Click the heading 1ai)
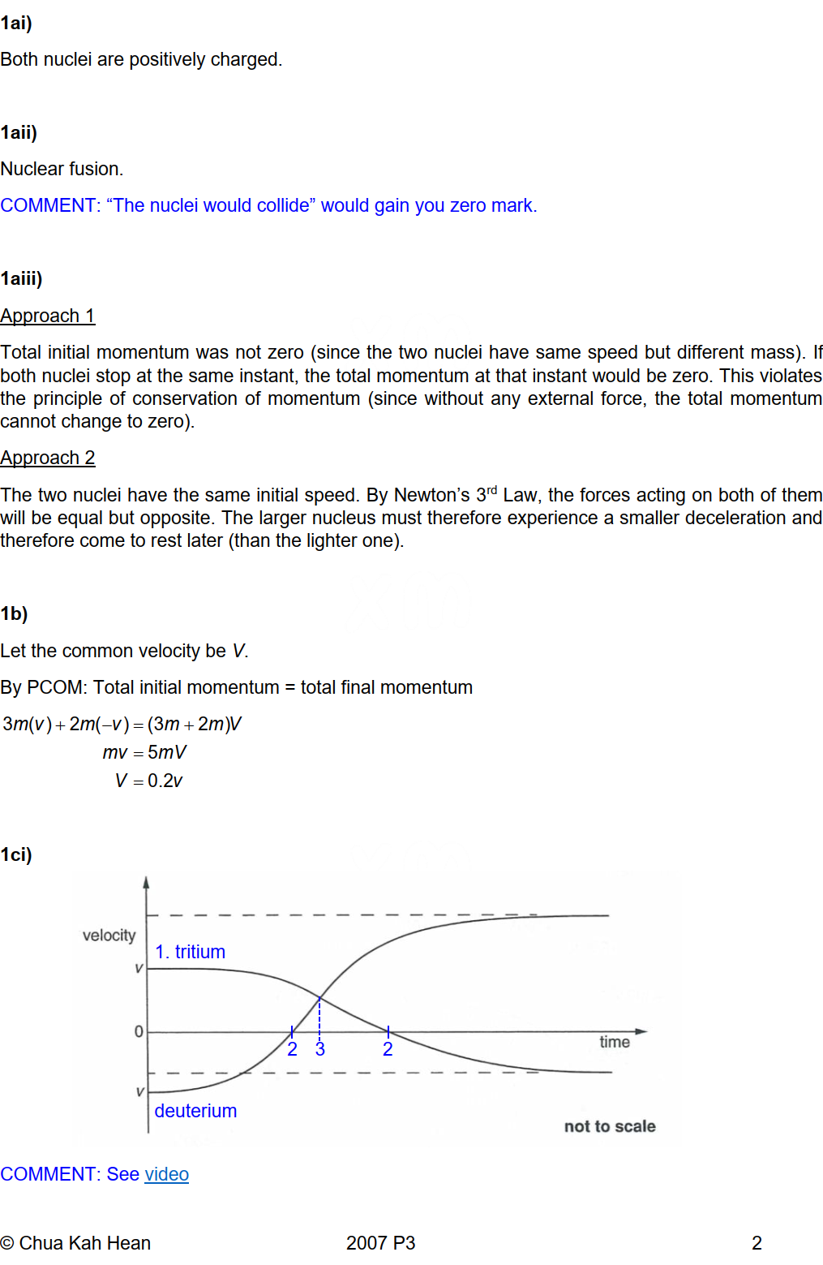[x=16, y=23]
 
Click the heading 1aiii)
[x=21, y=278]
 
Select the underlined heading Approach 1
[x=48, y=316]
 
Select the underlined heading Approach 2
[x=48, y=458]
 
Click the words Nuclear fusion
[x=62, y=169]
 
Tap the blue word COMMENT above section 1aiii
[x=49, y=205]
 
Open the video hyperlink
[x=166, y=1174]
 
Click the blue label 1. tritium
[x=190, y=952]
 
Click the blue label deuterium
[x=195, y=1111]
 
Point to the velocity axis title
[x=109, y=936]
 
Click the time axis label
[x=615, y=1042]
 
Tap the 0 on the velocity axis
[x=139, y=1031]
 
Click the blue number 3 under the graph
[x=320, y=1050]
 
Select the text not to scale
[x=610, y=1126]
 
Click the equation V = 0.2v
[x=149, y=781]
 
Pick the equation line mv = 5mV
[x=144, y=752]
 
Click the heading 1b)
[x=14, y=613]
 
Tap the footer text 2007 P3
[x=380, y=1243]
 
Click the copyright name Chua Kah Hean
[x=84, y=1243]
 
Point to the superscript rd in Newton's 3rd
[x=492, y=490]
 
